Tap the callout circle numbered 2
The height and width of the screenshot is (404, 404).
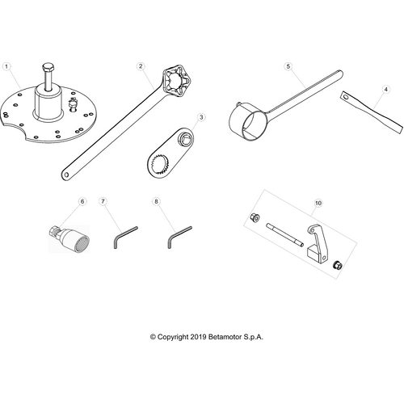point(141,65)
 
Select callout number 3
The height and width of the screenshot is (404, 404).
point(202,116)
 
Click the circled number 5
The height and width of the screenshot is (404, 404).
point(288,65)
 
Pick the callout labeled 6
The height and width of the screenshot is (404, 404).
point(82,200)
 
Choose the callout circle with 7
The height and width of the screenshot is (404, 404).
point(103,200)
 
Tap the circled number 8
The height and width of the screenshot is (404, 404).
point(156,200)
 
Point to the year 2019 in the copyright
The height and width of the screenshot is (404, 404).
point(199,336)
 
